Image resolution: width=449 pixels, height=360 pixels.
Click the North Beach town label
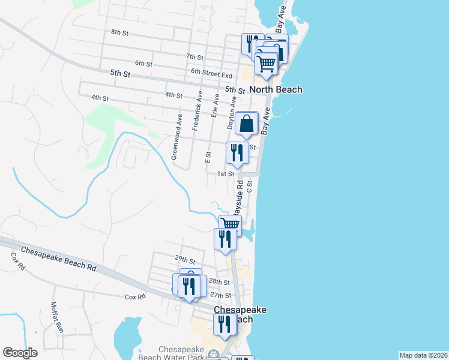[x=276, y=89]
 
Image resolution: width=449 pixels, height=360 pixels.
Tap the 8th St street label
[x=120, y=33]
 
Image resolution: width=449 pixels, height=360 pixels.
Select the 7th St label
[x=195, y=56]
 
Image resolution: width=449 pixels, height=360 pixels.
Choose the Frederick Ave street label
[x=196, y=111]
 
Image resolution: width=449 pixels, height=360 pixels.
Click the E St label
[x=208, y=158]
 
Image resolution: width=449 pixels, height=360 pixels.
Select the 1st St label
[x=225, y=173]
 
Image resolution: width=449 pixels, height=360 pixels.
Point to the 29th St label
[x=185, y=260]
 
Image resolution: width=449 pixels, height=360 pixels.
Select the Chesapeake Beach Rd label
[x=59, y=259]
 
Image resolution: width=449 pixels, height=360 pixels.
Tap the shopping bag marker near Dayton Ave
[x=247, y=124]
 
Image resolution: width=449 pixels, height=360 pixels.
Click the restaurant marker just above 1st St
[x=237, y=152]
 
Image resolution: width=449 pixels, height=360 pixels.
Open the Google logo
[x=20, y=352]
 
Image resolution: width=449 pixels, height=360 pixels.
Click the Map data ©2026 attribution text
[x=424, y=355]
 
